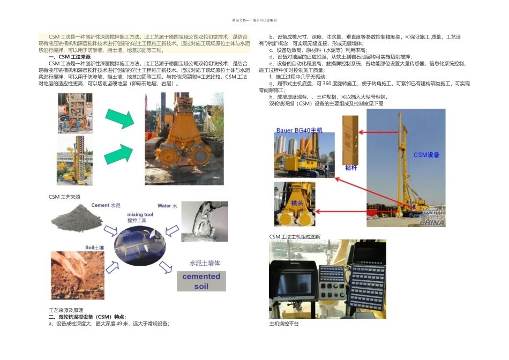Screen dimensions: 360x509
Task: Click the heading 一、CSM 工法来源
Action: pyautogui.click(x=70, y=57)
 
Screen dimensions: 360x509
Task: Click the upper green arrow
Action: pyautogui.click(x=119, y=117)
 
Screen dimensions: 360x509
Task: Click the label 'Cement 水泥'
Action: pyautogui.click(x=106, y=205)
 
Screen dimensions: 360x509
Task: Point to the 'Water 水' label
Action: pyautogui.click(x=167, y=206)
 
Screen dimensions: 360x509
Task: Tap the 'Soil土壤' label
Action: pyautogui.click(x=95, y=247)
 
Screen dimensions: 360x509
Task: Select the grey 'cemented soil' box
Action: pyautogui.click(x=201, y=281)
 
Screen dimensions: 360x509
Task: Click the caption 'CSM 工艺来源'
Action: pyautogui.click(x=64, y=197)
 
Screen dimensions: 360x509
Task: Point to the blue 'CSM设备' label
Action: pyautogui.click(x=426, y=155)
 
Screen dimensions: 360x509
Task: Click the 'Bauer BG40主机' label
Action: pyautogui.click(x=300, y=130)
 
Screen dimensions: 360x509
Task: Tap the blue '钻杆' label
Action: pyautogui.click(x=351, y=168)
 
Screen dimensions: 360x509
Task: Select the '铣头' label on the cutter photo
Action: pyautogui.click(x=297, y=204)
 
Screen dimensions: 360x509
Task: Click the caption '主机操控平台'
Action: pyautogui.click(x=284, y=324)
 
